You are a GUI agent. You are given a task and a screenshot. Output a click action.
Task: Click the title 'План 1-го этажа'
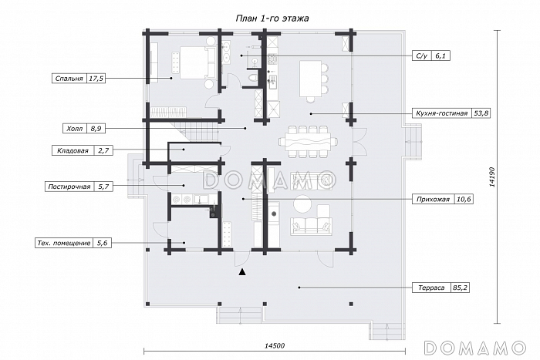pos(272,19)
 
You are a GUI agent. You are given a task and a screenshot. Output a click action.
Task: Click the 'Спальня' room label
pos(69,79)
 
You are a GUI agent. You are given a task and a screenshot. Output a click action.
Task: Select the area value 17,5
pos(96,79)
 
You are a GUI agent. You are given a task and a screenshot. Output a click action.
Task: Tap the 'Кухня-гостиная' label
pos(441,113)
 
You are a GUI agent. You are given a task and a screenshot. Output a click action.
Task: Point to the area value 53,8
pos(481,113)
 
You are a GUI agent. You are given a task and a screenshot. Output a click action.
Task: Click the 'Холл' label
pos(74,129)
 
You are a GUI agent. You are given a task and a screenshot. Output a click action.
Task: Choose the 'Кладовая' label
pos(73,151)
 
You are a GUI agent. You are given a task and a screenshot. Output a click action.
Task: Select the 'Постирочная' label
pos(69,187)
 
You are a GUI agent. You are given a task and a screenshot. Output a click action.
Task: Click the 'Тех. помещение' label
pos(64,243)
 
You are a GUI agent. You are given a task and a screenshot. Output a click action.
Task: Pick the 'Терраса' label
pos(431,288)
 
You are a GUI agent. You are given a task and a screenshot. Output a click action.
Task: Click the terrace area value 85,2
pos(460,288)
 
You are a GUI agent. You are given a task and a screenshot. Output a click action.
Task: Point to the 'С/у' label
pos(421,56)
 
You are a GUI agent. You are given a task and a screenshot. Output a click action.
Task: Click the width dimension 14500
pos(275,346)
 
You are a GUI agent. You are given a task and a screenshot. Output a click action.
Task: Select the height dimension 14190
pos(491,177)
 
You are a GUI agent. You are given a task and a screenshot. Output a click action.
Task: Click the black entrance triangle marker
pos(243,272)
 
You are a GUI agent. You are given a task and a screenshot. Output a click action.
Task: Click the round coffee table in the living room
pos(302,204)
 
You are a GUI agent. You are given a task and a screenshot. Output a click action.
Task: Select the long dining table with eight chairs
pos(309,141)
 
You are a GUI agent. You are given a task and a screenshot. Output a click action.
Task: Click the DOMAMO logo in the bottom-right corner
pos(475,348)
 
